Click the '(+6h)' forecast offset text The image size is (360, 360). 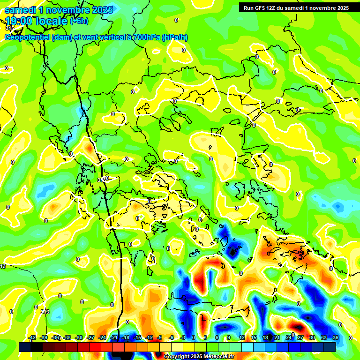pyautogui.click(x=78, y=21)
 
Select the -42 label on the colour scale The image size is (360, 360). pyautogui.click(x=32, y=338)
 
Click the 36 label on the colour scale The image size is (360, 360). pyautogui.click(x=336, y=338)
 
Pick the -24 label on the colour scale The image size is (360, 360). pyautogui.click(x=102, y=338)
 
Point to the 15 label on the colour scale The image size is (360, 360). pyautogui.click(x=254, y=338)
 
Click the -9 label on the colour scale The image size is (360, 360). pyautogui.click(x=159, y=338)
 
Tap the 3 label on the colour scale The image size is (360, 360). pyautogui.click(x=205, y=338)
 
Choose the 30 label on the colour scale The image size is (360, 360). pyautogui.click(x=312, y=338)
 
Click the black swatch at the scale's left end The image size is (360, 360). pyautogui.click(x=25, y=347)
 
